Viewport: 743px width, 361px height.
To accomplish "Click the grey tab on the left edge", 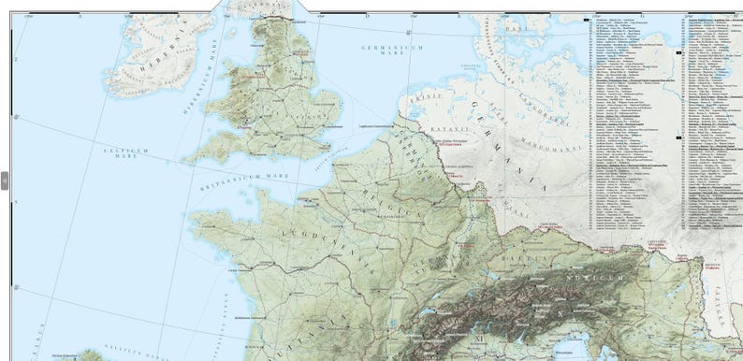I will (4, 180).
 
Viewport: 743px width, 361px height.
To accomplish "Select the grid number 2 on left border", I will (13, 58).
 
